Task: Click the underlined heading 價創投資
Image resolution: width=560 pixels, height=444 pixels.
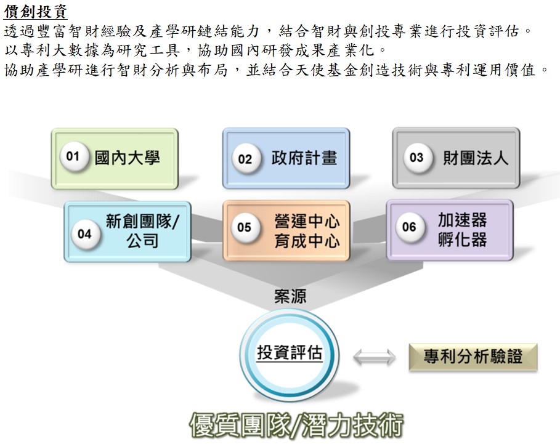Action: (35, 12)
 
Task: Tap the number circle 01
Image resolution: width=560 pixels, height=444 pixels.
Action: (74, 156)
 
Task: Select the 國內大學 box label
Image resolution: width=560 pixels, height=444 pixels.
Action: (127, 158)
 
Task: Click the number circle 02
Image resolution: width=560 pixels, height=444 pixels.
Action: (245, 159)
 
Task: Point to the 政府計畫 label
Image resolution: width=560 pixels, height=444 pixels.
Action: (304, 158)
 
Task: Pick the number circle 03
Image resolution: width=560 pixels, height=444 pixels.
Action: (417, 158)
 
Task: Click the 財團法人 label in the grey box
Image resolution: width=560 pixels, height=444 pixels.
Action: (476, 158)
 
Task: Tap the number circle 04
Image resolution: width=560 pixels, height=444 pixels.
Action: (85, 234)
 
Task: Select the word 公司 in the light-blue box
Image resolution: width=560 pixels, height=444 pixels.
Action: (142, 241)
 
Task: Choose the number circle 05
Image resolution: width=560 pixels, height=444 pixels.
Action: (245, 227)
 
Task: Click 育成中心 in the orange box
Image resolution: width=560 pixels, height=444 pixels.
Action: (307, 241)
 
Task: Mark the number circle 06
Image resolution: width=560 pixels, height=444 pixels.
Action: (410, 227)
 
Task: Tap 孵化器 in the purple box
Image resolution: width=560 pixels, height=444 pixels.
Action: (463, 239)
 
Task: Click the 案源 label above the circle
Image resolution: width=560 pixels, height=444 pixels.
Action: (290, 296)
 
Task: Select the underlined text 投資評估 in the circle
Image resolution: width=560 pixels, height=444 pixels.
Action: (290, 353)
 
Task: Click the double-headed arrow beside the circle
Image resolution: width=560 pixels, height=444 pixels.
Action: (374, 357)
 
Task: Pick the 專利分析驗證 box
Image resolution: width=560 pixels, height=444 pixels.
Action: (473, 357)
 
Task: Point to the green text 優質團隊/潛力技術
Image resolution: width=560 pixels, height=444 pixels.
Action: (296, 425)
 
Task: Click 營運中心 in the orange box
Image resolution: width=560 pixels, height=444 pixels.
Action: (307, 221)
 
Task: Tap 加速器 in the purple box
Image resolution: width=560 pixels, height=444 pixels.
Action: (463, 220)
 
